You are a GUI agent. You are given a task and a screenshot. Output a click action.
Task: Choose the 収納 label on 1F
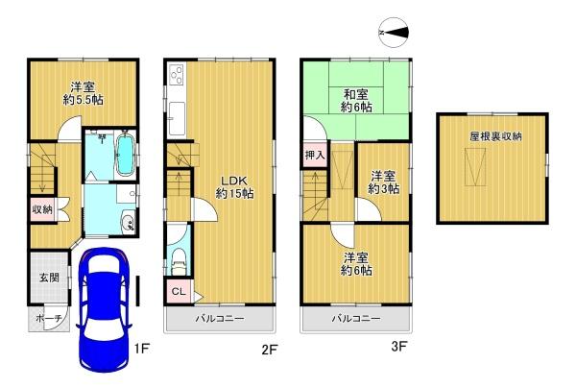click(41, 209)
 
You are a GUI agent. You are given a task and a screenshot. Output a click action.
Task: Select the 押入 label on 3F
click(316, 154)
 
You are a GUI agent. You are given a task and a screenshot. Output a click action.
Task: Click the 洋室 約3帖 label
click(383, 182)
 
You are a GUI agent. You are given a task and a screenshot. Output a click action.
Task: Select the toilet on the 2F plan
click(179, 257)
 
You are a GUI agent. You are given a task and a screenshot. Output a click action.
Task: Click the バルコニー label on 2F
click(221, 318)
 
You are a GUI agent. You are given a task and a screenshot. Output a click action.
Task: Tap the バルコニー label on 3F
click(357, 318)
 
